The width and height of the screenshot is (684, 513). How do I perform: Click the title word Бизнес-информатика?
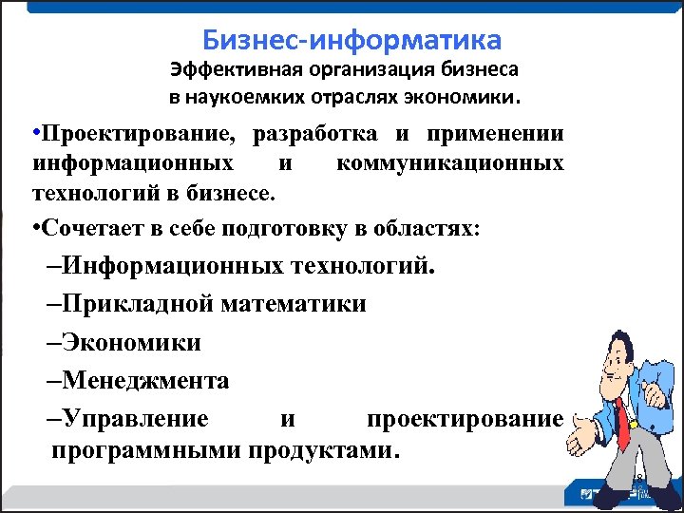pos(351,41)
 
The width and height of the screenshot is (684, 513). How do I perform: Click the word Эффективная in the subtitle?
pos(225,70)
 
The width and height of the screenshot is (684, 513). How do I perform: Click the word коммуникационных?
pos(449,164)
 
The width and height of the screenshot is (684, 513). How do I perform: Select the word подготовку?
pos(278,229)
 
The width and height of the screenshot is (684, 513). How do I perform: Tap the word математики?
pos(294,305)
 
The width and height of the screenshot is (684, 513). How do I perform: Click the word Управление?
pos(135,419)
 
